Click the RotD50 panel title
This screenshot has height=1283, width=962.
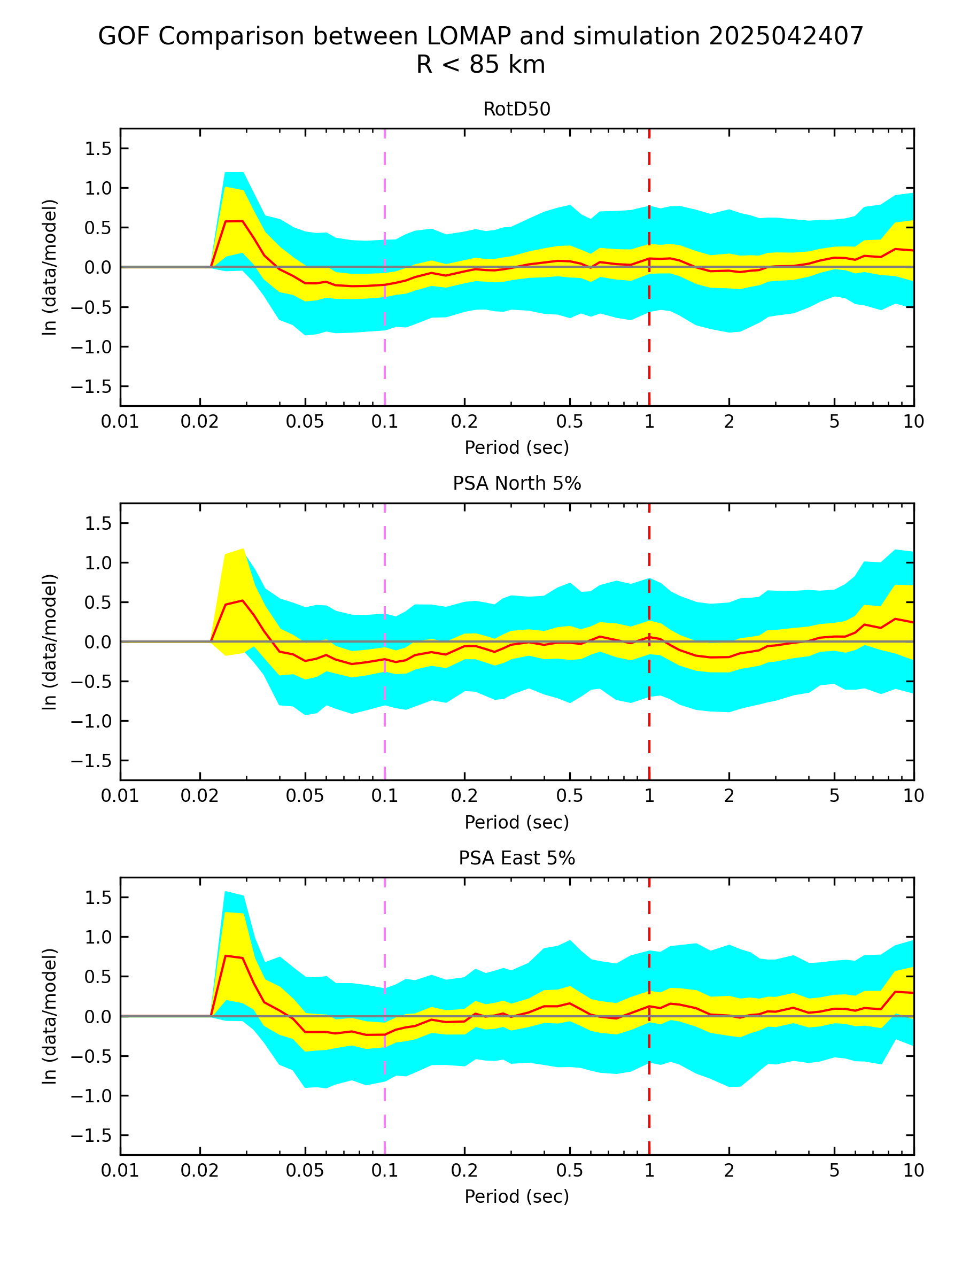516,109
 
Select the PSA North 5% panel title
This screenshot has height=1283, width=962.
516,483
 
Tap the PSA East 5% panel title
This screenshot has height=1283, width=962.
516,858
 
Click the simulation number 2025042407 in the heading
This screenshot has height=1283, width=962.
786,36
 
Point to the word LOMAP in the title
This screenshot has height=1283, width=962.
469,36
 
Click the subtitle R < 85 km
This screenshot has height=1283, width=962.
480,64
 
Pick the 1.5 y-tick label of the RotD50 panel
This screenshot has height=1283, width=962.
98,149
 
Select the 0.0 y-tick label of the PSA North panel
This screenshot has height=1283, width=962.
98,642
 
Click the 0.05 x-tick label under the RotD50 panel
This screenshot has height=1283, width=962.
305,422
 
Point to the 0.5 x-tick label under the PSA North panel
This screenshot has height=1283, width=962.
569,797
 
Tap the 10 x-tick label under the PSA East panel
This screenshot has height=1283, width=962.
913,1171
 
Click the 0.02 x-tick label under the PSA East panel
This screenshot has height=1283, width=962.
199,1171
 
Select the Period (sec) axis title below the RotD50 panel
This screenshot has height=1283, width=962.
516,448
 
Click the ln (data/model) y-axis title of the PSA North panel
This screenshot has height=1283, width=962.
50,641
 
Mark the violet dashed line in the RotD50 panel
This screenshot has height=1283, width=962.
384,325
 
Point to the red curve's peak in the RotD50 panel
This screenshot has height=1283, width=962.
234,221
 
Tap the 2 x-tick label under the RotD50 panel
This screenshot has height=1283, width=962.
728,422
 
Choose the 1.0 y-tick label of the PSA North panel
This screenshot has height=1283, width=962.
98,563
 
